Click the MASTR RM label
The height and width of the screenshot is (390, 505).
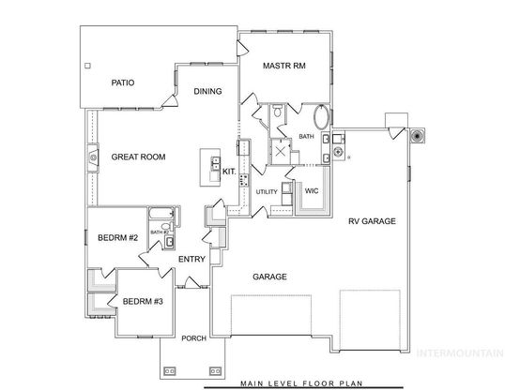[x=284, y=66]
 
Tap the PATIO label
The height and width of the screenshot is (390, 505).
[x=123, y=82]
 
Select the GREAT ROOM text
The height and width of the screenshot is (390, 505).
[x=138, y=157]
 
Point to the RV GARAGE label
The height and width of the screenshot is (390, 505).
[x=372, y=221]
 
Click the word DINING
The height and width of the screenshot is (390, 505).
[x=207, y=91]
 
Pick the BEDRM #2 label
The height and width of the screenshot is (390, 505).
[x=118, y=238]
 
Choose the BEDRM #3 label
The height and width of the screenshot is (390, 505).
[x=143, y=302]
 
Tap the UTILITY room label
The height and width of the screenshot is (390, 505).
[x=267, y=192]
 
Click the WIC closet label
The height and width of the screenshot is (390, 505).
[x=312, y=191]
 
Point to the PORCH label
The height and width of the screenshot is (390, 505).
[x=194, y=338]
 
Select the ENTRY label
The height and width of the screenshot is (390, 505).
[x=191, y=259]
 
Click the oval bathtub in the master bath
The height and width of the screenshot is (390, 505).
[x=321, y=117]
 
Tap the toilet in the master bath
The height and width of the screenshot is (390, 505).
[x=277, y=111]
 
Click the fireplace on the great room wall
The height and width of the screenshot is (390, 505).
[x=93, y=157]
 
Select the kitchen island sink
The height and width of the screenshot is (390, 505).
[x=215, y=163]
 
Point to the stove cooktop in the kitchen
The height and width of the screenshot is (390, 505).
[x=244, y=181]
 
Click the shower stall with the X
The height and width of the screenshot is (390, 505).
[x=281, y=151]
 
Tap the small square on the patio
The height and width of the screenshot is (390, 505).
[x=87, y=66]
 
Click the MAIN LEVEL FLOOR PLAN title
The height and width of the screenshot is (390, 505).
[x=301, y=383]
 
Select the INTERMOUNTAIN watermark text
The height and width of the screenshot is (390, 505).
[x=461, y=353]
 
